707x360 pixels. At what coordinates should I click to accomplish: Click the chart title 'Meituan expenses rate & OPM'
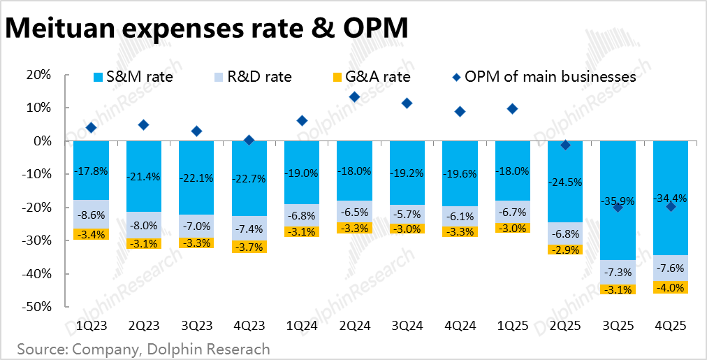point(206,30)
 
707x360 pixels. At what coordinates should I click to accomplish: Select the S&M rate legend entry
point(133,77)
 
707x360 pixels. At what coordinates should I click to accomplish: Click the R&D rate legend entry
point(252,77)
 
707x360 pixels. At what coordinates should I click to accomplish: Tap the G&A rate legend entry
point(370,77)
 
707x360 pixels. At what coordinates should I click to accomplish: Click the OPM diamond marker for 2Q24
point(354,97)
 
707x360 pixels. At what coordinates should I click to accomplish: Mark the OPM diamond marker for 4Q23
point(249,141)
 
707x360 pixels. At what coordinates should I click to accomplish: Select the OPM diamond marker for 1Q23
point(91,128)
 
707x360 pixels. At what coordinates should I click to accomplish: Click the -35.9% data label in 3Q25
point(618,201)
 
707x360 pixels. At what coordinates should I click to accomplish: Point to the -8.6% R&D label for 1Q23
point(91,215)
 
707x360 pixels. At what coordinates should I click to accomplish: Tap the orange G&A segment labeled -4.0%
point(671,287)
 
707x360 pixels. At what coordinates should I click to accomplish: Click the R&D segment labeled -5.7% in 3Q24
point(407,214)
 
